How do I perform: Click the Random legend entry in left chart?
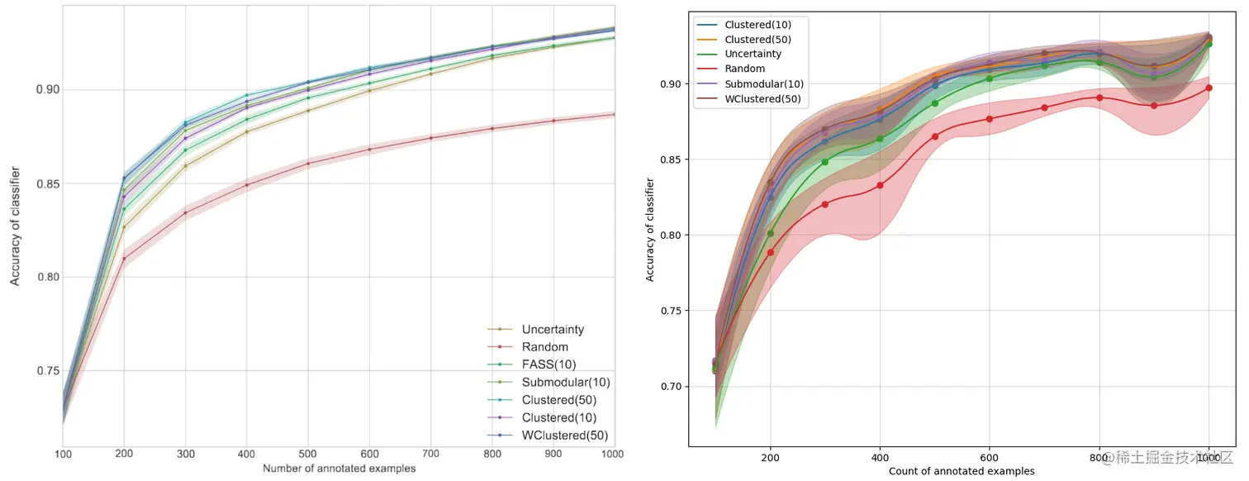coord(544,347)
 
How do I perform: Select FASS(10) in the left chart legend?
coord(544,364)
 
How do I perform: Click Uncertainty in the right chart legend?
coord(754,54)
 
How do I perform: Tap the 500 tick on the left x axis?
coord(308,455)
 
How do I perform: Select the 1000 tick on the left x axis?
coord(613,455)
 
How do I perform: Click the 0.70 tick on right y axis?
coord(673,387)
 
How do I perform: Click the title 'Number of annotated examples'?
coord(339,469)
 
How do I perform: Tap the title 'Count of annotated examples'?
coord(962,471)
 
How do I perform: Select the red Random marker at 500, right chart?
coord(935,136)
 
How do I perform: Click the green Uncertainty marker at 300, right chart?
coord(825,162)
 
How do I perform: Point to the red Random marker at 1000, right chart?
coord(1209,88)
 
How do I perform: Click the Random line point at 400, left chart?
coord(247,184)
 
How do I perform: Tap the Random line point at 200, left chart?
coord(124,259)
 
